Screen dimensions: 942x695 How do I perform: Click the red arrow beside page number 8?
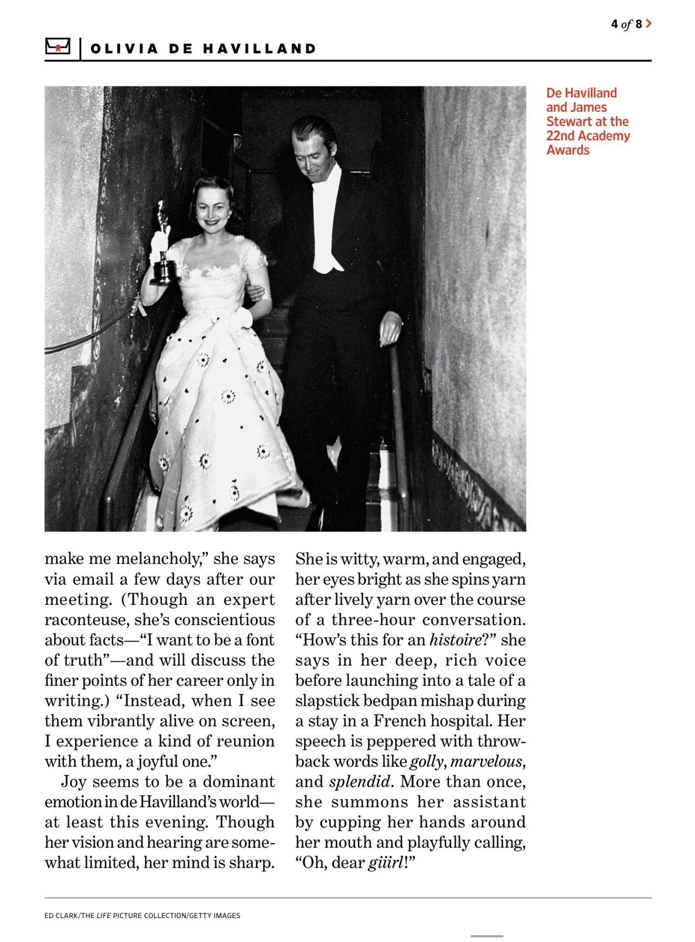pos(649,24)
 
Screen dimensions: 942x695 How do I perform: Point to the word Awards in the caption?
pos(568,150)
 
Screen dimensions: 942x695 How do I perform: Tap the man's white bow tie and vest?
pos(327,223)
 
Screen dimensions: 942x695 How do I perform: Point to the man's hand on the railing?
pos(389,329)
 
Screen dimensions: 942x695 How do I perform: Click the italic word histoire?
pos(455,640)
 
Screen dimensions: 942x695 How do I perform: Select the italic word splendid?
pos(359,782)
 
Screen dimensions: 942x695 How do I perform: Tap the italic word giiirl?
pos(385,863)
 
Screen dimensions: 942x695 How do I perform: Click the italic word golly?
pos(427,762)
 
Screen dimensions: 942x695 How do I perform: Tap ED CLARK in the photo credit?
pos(61,915)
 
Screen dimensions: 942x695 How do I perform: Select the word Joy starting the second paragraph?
pos(74,782)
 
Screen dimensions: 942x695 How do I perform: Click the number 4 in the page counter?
pos(614,24)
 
